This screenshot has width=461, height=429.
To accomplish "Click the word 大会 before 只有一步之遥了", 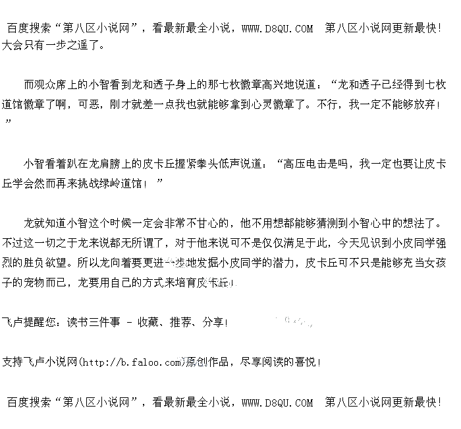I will click(13, 46).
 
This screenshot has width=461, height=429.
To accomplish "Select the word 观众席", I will click(51, 85).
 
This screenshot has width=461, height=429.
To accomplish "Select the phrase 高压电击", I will click(306, 163).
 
